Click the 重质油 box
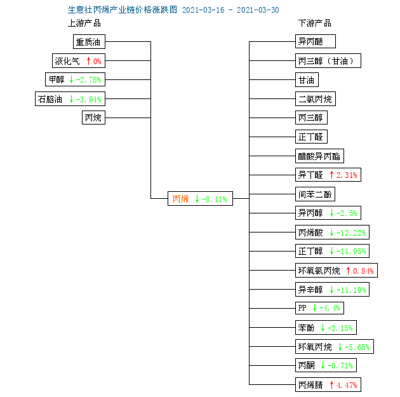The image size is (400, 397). [x=89, y=41]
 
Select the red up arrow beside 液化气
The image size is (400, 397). [x=88, y=61]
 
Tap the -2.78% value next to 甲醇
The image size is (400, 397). [x=89, y=80]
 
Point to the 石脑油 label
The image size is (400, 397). [x=50, y=99]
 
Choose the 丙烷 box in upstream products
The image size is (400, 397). [x=93, y=118]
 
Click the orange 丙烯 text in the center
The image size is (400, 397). [x=180, y=199]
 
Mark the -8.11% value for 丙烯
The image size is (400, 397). [x=215, y=199]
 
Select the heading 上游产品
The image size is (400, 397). [x=84, y=24]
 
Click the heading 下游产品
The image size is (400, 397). [x=315, y=24]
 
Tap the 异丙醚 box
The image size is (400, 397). [x=316, y=41]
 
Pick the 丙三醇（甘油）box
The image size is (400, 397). [x=328, y=61]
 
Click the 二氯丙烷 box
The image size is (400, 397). [x=316, y=98]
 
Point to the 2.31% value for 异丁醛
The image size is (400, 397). [x=347, y=175]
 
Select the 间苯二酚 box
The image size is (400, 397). [x=315, y=194]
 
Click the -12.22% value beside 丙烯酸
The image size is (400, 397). [x=351, y=232]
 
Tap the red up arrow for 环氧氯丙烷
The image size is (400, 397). [x=348, y=271]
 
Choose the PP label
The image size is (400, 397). [x=302, y=308]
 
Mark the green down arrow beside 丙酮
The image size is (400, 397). [x=323, y=365]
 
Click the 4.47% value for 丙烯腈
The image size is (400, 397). [x=347, y=385]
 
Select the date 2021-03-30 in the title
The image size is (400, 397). [x=258, y=10]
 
